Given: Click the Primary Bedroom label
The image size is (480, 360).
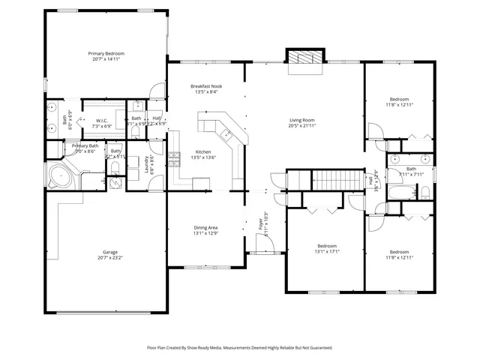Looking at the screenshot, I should (106, 54).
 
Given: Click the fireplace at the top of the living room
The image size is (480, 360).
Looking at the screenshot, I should (305, 58).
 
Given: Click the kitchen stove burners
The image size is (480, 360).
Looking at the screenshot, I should (174, 158).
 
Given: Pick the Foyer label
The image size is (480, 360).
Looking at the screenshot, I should (261, 223).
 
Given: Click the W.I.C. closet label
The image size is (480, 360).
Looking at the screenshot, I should (101, 121).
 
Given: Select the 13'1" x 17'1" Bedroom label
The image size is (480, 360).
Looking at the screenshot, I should (326, 246).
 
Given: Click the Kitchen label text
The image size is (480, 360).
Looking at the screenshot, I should (203, 152).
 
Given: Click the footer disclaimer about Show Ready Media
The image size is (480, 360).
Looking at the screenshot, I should (239, 348).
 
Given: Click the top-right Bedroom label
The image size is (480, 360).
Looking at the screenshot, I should (399, 100).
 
